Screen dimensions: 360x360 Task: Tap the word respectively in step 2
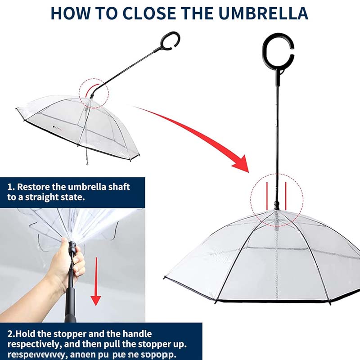tap(32, 345)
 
